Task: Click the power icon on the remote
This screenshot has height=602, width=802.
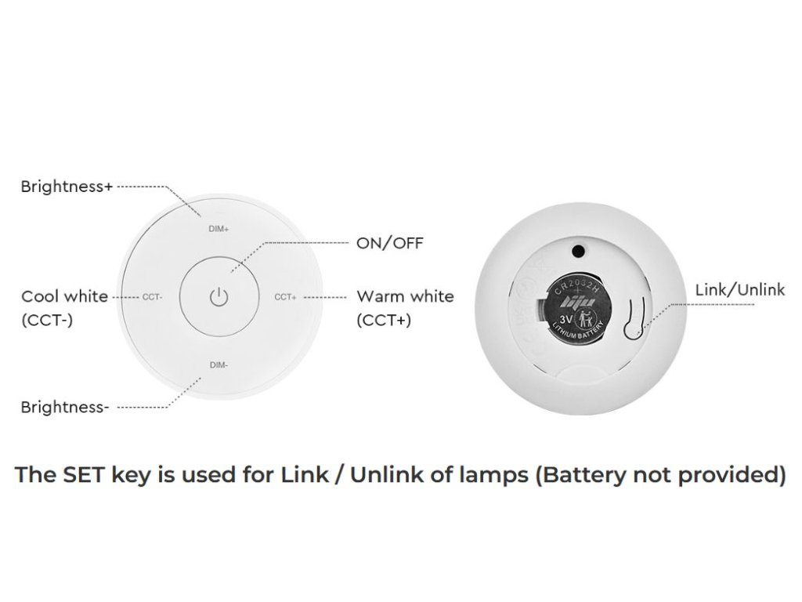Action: pyautogui.click(x=219, y=297)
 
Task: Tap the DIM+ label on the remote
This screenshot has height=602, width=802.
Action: pyautogui.click(x=219, y=229)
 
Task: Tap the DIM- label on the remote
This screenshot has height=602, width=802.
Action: pyautogui.click(x=219, y=364)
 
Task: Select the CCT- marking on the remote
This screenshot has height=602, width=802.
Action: pyautogui.click(x=152, y=297)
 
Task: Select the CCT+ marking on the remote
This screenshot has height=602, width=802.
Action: pyautogui.click(x=286, y=297)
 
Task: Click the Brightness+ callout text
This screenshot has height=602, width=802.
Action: pyautogui.click(x=67, y=187)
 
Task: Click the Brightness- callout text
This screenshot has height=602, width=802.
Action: pyautogui.click(x=64, y=407)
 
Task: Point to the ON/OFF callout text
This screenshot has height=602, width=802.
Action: pyautogui.click(x=389, y=243)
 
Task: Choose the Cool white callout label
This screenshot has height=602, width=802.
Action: pyautogui.click(x=64, y=296)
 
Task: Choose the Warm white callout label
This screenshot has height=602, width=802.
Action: pyautogui.click(x=405, y=296)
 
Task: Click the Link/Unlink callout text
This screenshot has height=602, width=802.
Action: pyautogui.click(x=739, y=290)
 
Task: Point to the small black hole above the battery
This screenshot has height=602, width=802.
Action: pyautogui.click(x=579, y=251)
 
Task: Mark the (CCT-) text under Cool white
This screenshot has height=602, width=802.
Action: pyautogui.click(x=47, y=320)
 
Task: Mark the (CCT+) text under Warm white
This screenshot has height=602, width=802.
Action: pyautogui.click(x=384, y=320)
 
